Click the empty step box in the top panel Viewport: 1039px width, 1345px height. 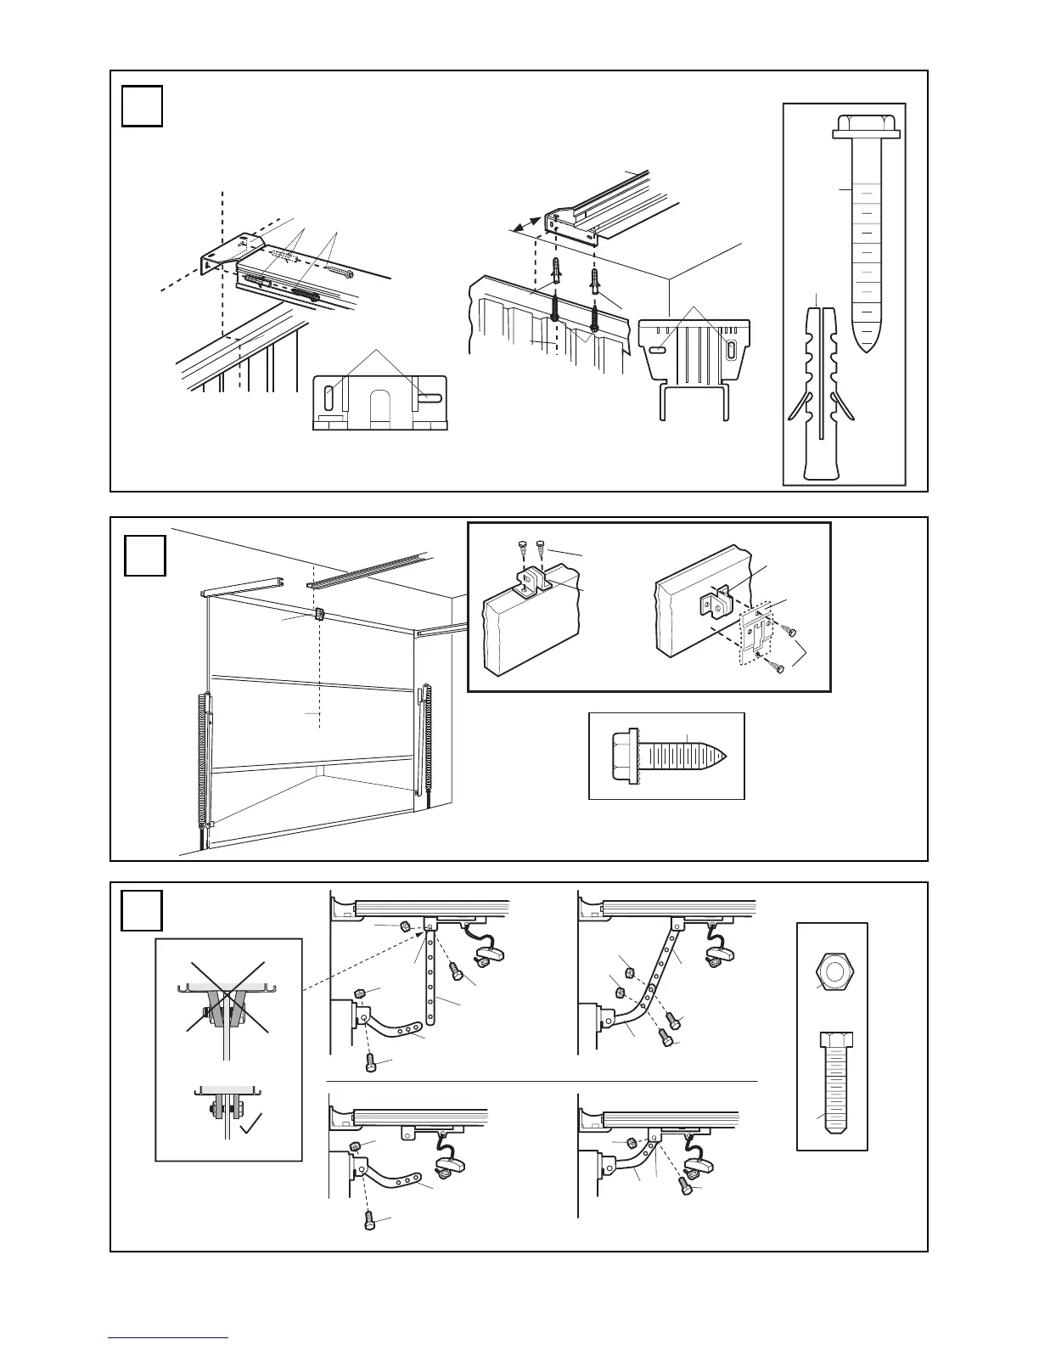[142, 105]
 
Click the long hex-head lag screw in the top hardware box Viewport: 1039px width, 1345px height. [866, 229]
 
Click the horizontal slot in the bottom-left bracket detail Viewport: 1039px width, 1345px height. [428, 397]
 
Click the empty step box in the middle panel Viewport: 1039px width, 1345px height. [144, 555]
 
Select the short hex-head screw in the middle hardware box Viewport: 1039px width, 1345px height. [666, 755]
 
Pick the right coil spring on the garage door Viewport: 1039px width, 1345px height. [427, 737]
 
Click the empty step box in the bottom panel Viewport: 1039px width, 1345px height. [142, 909]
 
